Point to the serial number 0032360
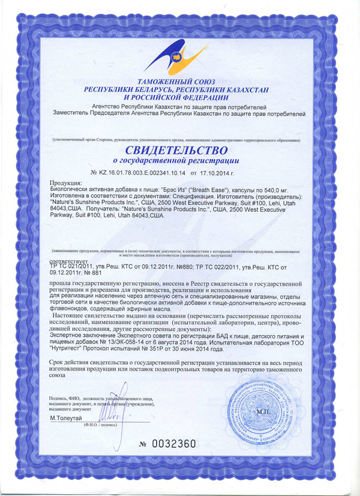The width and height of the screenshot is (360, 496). [x=175, y=444]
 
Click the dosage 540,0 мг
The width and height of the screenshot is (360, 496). [x=277, y=189]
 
